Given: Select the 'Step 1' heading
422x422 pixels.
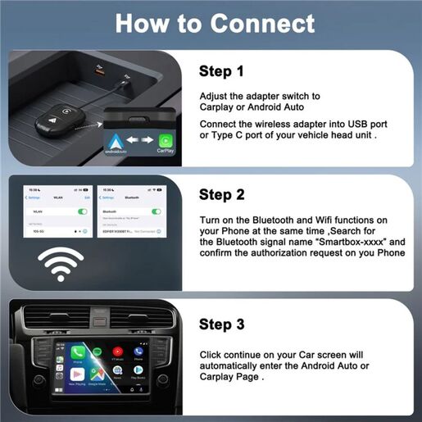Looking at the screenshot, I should [x=221, y=71].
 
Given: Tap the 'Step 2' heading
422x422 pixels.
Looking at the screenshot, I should [x=221, y=194].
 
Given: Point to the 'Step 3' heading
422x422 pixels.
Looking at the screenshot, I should [x=221, y=324].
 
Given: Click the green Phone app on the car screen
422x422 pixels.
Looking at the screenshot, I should [x=77, y=354].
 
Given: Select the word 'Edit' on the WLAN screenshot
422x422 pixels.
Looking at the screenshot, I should [x=88, y=197].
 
